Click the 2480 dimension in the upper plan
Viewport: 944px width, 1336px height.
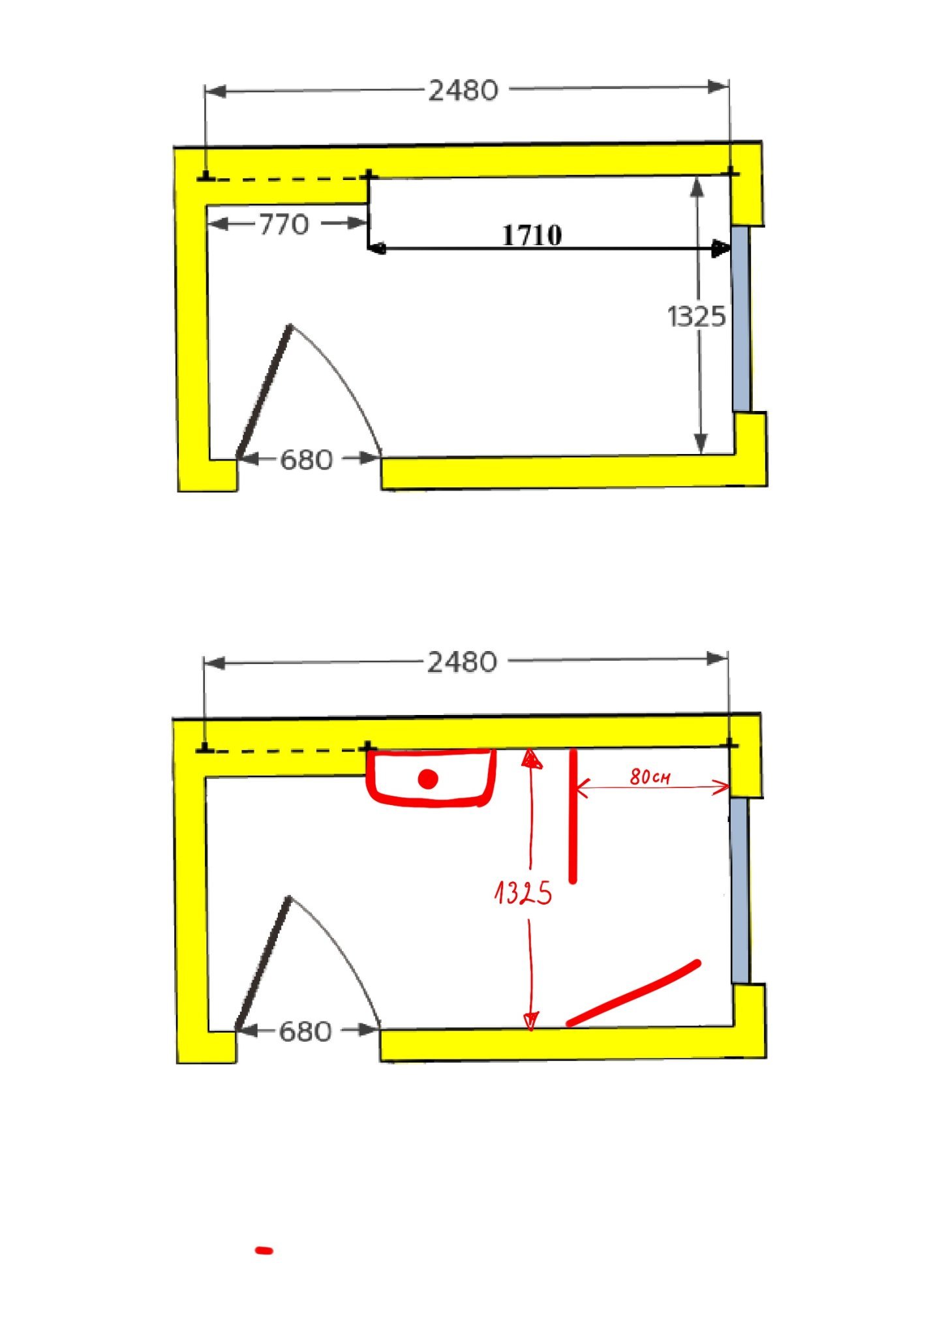463,91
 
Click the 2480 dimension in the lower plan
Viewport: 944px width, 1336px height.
462,663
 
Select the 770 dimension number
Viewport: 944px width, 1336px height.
284,225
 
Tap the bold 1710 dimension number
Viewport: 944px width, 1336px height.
532,235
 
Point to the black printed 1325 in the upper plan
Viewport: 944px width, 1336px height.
696,317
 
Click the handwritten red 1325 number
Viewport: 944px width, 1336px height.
523,892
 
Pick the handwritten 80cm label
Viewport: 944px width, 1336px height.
650,776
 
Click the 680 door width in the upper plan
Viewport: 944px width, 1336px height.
307,461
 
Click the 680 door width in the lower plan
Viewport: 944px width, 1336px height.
305,1032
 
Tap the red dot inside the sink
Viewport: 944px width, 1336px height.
428,779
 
